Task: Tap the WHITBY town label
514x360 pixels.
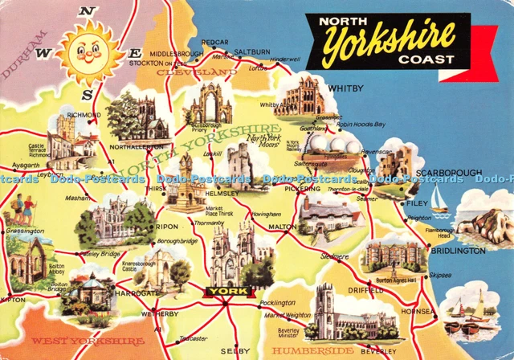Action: click(345, 88)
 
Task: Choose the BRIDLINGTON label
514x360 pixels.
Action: click(458, 251)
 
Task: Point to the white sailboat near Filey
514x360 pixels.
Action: click(439, 199)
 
